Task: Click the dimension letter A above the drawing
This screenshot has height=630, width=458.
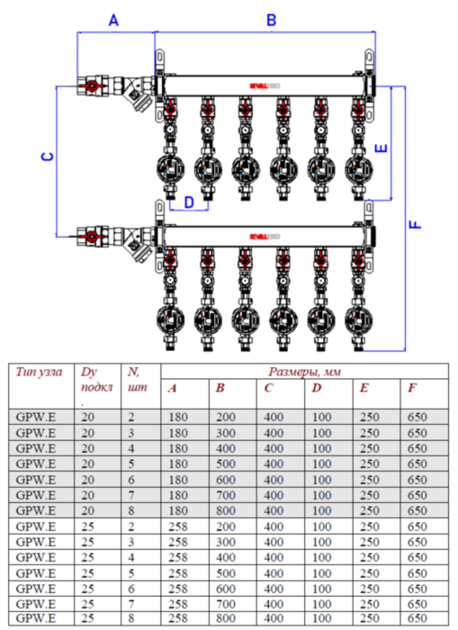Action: click(113, 19)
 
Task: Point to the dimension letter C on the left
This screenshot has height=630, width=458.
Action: click(48, 157)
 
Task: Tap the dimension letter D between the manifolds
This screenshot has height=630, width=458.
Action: click(188, 202)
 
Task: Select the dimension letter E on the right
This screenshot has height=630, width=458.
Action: click(383, 146)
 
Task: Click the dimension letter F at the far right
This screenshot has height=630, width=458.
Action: click(416, 220)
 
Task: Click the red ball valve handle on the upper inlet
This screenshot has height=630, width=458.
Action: click(91, 87)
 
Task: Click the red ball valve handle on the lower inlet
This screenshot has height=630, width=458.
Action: click(91, 237)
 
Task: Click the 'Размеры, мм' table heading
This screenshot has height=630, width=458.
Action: click(304, 371)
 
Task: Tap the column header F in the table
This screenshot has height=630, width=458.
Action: click(411, 388)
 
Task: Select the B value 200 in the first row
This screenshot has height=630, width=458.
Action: click(224, 417)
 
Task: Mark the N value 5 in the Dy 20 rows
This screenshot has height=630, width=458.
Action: click(131, 463)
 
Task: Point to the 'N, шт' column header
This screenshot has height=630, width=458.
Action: click(136, 380)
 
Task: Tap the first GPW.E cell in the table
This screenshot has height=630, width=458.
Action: click(36, 417)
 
